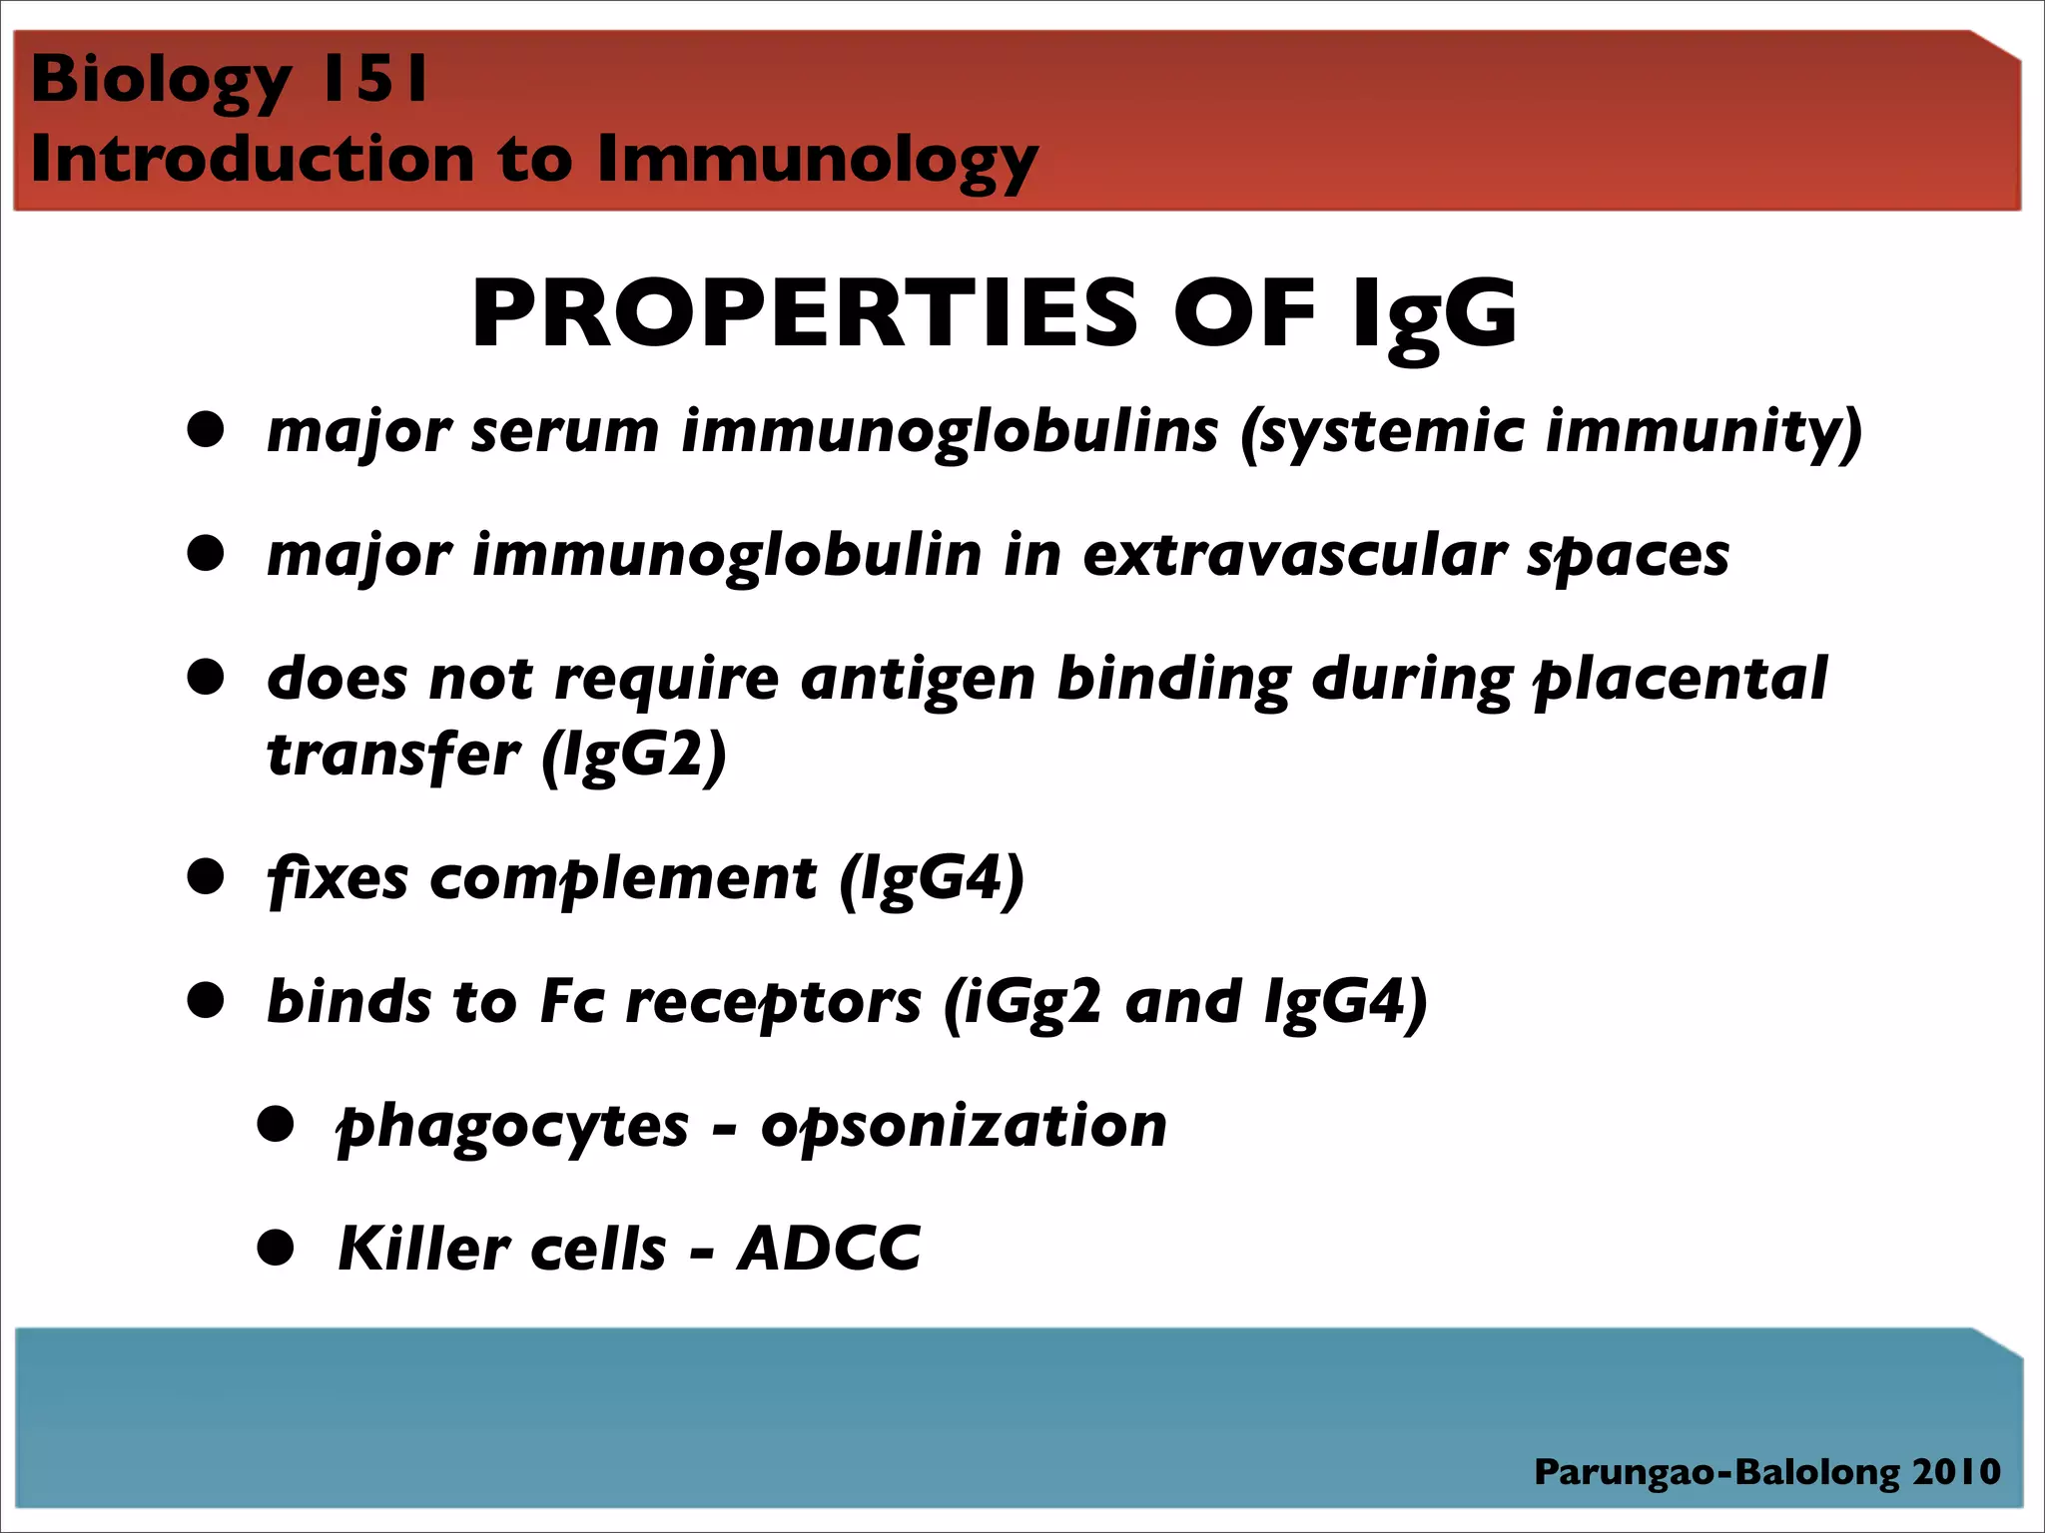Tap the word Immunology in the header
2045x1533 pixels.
tap(817, 160)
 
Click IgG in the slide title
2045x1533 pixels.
tap(1434, 315)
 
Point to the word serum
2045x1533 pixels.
tap(564, 432)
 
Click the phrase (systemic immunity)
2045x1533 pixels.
tap(1551, 432)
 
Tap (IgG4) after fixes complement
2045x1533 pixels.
tap(931, 879)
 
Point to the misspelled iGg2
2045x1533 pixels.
tap(1023, 1003)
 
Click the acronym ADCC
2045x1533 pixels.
tap(828, 1249)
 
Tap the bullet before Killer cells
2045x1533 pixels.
tap(275, 1249)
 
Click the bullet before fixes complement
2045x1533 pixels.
tap(206, 878)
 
